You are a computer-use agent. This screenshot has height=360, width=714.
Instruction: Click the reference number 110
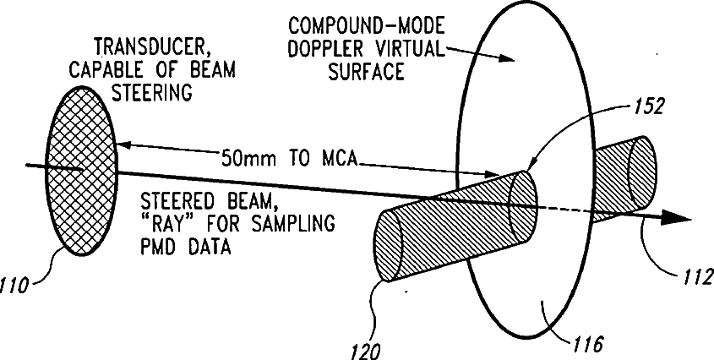click(x=19, y=285)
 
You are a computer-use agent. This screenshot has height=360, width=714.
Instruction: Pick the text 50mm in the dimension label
click(x=246, y=157)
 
